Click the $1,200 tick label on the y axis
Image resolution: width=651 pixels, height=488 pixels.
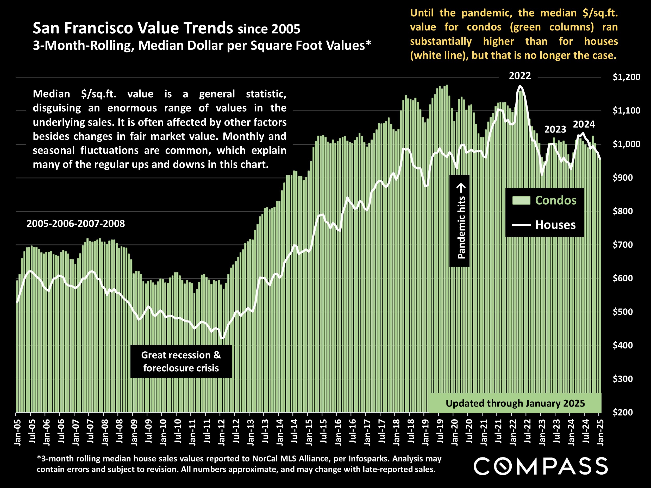coord(626,77)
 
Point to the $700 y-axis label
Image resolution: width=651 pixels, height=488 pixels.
coord(622,245)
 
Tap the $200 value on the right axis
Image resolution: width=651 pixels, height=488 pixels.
coord(622,413)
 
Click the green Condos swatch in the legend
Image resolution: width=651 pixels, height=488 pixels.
coord(521,200)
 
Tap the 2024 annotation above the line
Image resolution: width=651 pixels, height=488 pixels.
coord(584,124)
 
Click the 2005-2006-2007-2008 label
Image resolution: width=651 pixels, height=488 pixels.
coord(76,224)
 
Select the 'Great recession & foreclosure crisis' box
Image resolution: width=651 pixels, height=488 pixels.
coord(181,361)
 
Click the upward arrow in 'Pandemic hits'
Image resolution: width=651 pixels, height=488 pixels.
coord(461,187)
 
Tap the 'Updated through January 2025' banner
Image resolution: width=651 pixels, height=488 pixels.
coord(515,403)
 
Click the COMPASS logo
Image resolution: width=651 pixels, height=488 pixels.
coord(540,466)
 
